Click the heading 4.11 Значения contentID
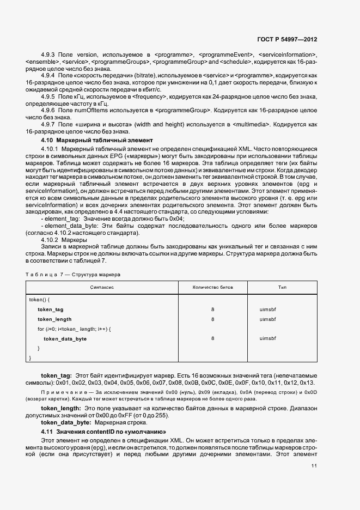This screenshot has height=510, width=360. click(x=103, y=431)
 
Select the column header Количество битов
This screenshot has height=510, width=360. click(x=212, y=287)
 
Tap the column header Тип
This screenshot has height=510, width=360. click(x=282, y=287)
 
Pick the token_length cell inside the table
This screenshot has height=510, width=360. click(x=54, y=319)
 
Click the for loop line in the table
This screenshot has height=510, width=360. click(x=74, y=329)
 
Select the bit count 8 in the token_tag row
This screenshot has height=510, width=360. click(x=212, y=309)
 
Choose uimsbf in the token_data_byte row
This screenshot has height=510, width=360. click(x=269, y=338)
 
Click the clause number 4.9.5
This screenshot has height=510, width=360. click(x=48, y=96)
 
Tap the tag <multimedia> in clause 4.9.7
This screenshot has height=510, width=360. click(x=251, y=124)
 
